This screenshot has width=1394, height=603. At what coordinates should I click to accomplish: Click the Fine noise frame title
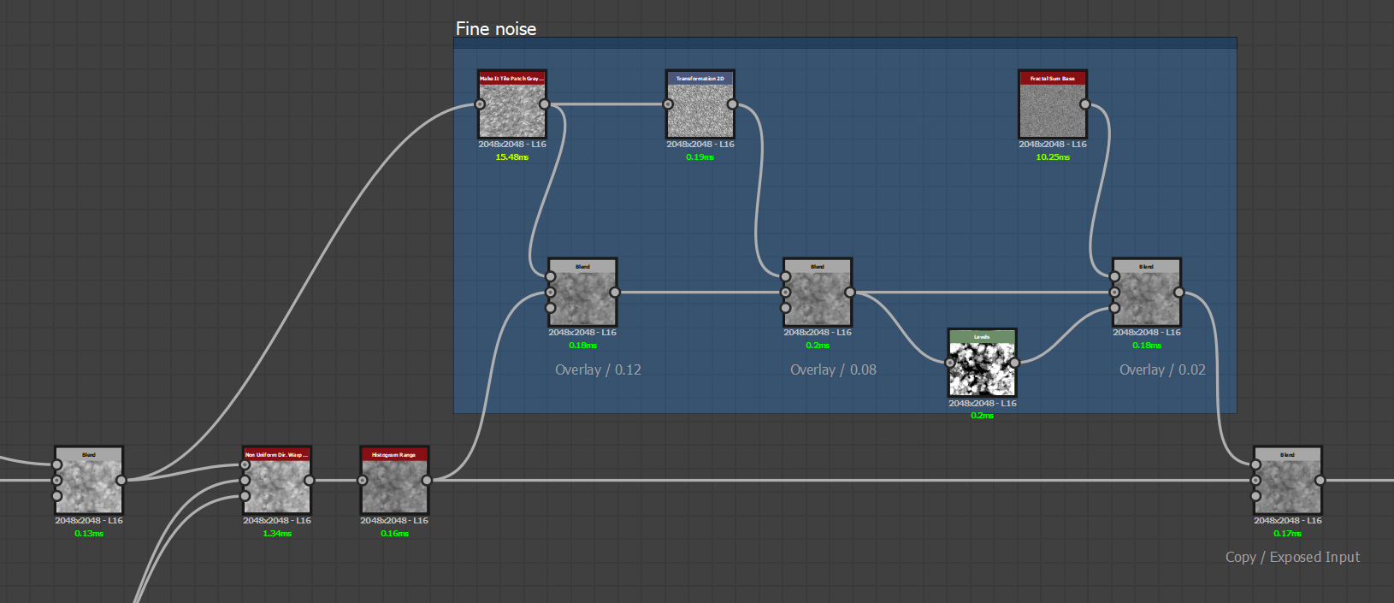(496, 29)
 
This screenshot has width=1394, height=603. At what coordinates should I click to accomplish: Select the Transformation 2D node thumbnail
(700, 111)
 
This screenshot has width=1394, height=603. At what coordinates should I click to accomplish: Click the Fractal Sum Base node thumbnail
(1053, 111)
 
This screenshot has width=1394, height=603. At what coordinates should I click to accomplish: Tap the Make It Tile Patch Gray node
(511, 111)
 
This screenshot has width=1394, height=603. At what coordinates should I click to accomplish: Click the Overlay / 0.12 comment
(598, 370)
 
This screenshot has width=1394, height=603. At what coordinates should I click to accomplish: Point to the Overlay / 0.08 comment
(833, 370)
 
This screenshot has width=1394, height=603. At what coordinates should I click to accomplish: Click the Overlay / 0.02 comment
(1162, 370)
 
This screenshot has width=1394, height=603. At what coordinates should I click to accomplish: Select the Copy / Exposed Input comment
(1292, 558)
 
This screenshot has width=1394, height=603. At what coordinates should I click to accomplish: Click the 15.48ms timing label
(511, 157)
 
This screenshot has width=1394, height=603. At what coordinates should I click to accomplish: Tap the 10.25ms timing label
(1053, 157)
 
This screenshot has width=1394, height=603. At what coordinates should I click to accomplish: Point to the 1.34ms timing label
(277, 534)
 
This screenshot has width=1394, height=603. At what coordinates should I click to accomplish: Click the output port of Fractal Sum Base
(1085, 104)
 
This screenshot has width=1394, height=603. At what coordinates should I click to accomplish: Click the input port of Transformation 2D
(668, 104)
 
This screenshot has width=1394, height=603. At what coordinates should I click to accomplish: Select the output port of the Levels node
(1014, 363)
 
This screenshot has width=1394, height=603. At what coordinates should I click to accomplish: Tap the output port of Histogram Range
(427, 480)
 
